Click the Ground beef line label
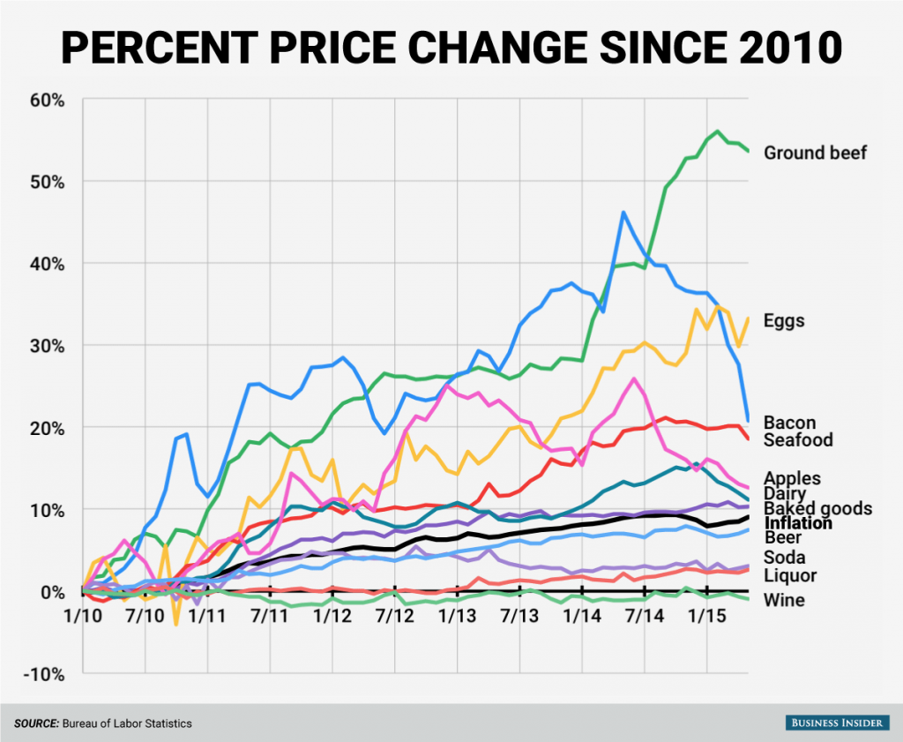tap(815, 153)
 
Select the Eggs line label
tap(784, 320)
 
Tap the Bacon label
tap(789, 423)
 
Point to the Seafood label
tap(798, 439)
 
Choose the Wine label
tap(782, 601)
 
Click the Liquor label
tap(789, 576)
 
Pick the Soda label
tap(784, 557)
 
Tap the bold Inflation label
tap(798, 523)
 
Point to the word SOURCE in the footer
tap(34, 723)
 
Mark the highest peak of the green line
tap(716, 131)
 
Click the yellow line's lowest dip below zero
tap(175, 624)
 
